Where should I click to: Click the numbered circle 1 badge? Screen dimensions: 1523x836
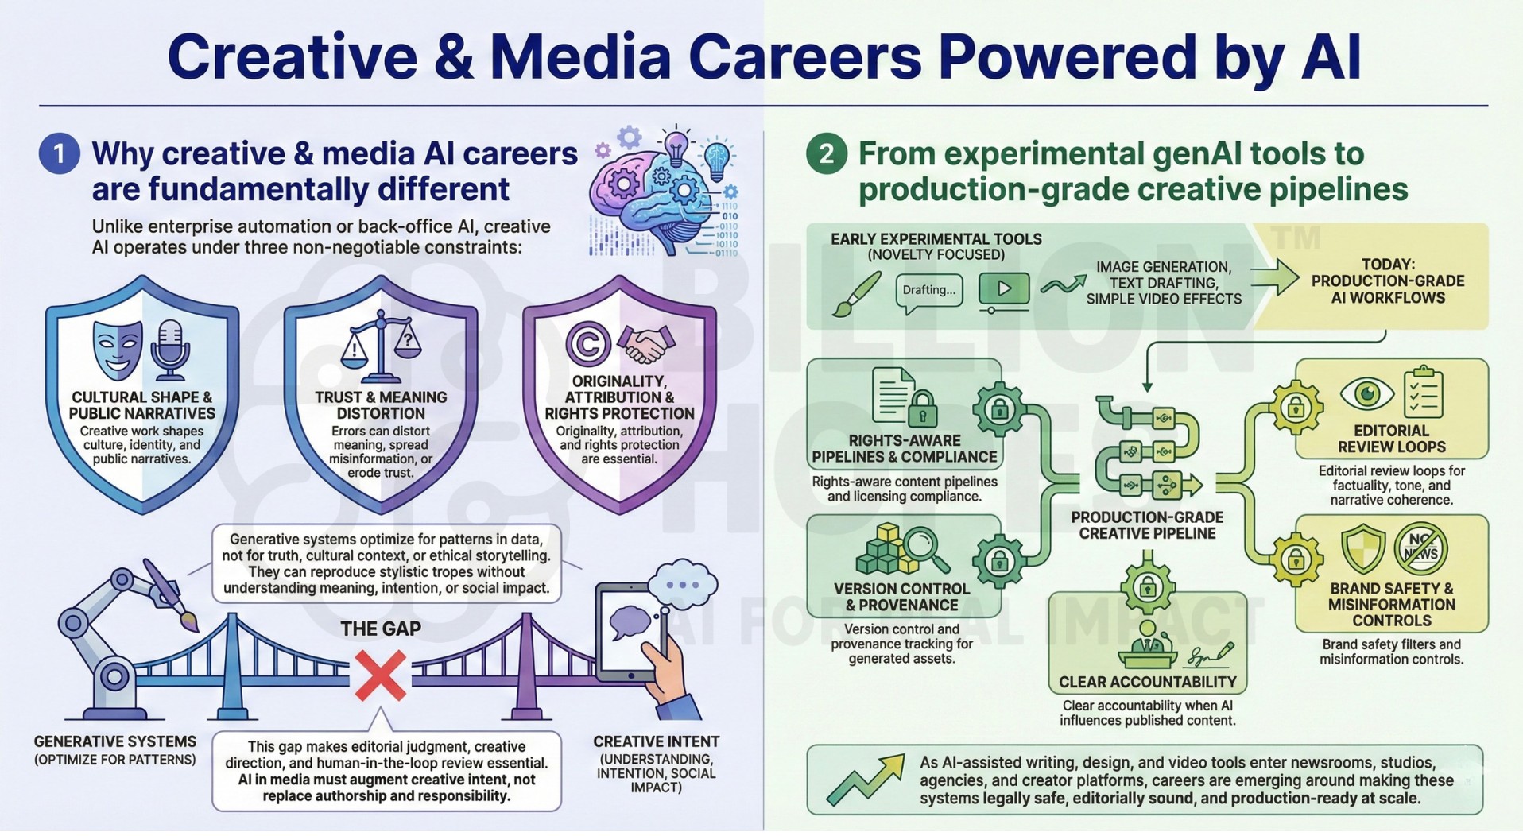pos(60,153)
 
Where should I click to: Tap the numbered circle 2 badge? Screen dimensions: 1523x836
pos(827,153)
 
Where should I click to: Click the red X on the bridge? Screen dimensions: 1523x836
pos(381,675)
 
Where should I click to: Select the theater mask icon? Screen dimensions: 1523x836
pos(117,348)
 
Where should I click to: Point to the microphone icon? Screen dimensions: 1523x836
pos(169,350)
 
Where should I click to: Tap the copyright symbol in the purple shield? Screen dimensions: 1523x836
pos(588,344)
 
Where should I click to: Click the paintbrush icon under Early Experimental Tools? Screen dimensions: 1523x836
pos(856,294)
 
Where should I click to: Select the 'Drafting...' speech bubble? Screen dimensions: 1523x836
pos(929,292)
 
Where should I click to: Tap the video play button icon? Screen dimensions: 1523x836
pos(1004,291)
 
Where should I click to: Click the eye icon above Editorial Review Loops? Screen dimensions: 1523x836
pos(1367,393)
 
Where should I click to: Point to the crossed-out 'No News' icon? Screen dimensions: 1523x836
pos(1421,548)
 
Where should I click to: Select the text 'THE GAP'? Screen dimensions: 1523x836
pos(381,629)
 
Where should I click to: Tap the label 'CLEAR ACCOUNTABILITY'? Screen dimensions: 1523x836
pos(1147,682)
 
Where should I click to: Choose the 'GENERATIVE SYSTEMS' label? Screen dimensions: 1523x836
pos(115,741)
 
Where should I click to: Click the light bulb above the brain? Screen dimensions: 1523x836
pos(676,150)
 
